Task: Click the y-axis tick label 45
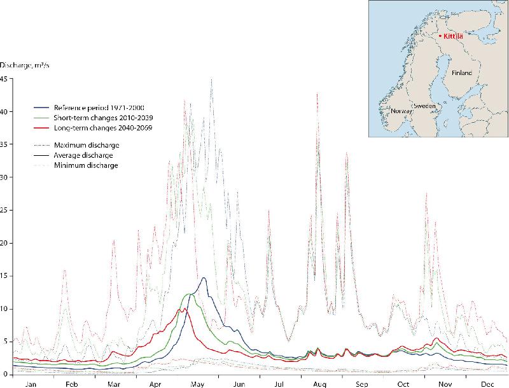(x=4, y=79)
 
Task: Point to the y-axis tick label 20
(x=4, y=243)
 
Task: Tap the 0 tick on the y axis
(x=6, y=374)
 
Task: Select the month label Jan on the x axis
(x=31, y=384)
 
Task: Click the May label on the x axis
(x=197, y=384)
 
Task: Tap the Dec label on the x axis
(x=488, y=384)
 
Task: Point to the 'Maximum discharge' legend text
(x=87, y=146)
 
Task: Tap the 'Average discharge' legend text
(x=85, y=155)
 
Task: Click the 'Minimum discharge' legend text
(x=86, y=165)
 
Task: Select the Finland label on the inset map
(x=463, y=73)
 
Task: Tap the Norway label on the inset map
(x=401, y=111)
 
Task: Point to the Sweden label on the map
(x=424, y=106)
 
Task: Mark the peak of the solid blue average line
(x=204, y=278)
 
